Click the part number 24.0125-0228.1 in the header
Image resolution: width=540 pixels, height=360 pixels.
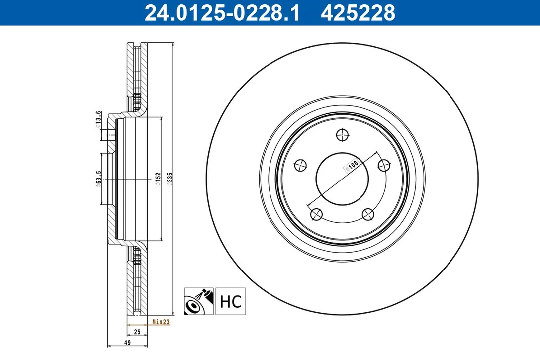click(x=222, y=13)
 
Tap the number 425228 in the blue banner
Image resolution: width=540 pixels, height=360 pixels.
click(x=358, y=13)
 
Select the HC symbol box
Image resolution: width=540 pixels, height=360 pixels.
click(x=231, y=301)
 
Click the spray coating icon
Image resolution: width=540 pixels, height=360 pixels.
click(x=199, y=301)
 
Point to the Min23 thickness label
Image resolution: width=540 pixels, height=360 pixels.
click(x=161, y=322)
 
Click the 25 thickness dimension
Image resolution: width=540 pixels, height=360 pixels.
click(x=137, y=332)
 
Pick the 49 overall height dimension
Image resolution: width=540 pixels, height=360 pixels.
click(x=127, y=343)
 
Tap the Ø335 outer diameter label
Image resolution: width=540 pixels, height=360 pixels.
click(x=169, y=179)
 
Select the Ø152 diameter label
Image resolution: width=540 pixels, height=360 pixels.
click(x=158, y=179)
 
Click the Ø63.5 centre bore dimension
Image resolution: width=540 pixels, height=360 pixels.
click(x=98, y=179)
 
